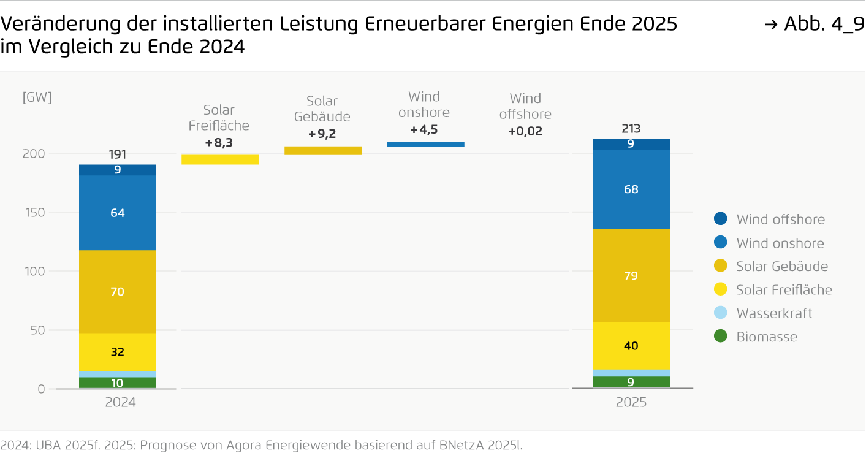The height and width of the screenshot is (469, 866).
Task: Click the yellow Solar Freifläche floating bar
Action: click(x=220, y=159)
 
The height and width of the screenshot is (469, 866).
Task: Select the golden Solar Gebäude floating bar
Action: click(x=323, y=150)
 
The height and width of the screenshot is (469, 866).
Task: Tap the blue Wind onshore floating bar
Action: click(x=425, y=144)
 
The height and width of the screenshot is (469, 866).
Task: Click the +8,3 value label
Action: click(x=219, y=143)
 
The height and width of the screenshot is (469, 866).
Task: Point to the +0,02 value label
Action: click(x=525, y=131)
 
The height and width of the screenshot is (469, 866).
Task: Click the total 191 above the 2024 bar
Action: click(x=118, y=154)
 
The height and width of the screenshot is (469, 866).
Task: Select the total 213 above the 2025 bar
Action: click(x=631, y=129)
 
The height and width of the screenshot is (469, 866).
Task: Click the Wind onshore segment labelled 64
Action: click(x=118, y=213)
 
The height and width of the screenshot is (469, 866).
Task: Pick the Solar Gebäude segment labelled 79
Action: click(x=631, y=276)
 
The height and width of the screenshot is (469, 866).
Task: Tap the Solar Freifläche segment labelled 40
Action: click(x=631, y=346)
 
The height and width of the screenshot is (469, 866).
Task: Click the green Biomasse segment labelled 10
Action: click(x=118, y=383)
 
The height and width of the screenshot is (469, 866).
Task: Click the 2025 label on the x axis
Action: click(x=631, y=403)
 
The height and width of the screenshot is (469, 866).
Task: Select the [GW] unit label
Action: click(x=37, y=97)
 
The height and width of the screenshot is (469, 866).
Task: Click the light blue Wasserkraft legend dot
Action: click(x=721, y=313)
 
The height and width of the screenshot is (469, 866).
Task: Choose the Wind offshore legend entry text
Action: click(x=780, y=219)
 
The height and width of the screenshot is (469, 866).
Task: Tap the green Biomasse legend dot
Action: click(x=721, y=337)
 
